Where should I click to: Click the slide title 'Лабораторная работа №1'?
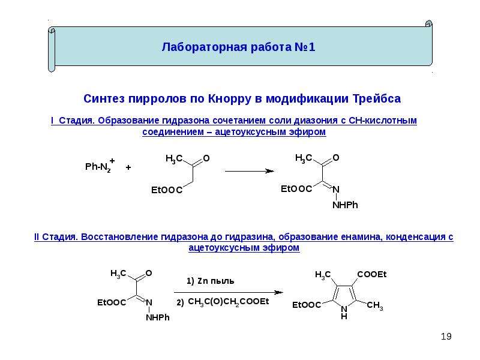(x=238, y=47)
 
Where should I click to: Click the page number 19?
(x=446, y=337)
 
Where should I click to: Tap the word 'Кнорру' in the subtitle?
(x=229, y=98)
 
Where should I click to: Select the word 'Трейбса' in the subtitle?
(x=377, y=98)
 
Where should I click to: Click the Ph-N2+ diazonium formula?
(x=100, y=167)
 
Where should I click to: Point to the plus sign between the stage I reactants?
(x=128, y=167)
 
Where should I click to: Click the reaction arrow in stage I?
(x=250, y=171)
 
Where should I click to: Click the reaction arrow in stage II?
(x=229, y=292)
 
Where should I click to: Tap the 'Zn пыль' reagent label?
(x=215, y=281)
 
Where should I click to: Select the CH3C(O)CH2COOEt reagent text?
(x=229, y=302)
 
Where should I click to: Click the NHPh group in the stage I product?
(x=345, y=205)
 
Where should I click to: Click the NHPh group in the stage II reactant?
(x=158, y=317)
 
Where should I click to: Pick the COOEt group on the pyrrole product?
(x=371, y=274)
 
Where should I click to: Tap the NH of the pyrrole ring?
(x=344, y=312)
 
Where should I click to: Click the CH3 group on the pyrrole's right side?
(x=374, y=305)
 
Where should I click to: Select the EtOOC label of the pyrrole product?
(x=307, y=305)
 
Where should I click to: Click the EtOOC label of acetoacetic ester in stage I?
(x=167, y=190)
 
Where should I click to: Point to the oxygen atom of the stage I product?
(x=336, y=158)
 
